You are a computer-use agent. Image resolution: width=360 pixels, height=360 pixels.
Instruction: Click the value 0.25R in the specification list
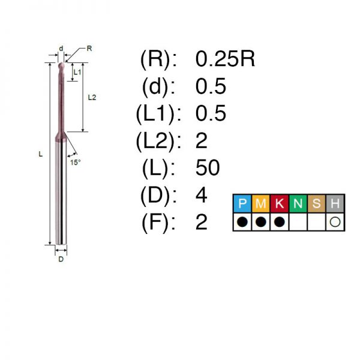(225, 59)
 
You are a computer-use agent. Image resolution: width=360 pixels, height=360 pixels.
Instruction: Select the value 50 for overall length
(208, 167)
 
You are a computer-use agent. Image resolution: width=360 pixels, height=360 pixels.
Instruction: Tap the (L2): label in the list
(158, 141)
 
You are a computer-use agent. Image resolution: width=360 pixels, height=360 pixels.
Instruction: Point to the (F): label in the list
(158, 222)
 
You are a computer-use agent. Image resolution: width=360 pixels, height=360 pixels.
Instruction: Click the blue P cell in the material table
(242, 203)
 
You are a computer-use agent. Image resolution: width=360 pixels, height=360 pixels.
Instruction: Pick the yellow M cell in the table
(261, 203)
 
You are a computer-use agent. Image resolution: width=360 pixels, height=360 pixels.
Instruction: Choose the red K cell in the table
(280, 203)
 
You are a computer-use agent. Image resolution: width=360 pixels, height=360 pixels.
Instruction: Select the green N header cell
(298, 203)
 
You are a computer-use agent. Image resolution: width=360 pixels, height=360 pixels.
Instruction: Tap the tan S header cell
(317, 203)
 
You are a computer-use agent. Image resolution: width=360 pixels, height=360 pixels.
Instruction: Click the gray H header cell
(335, 203)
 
